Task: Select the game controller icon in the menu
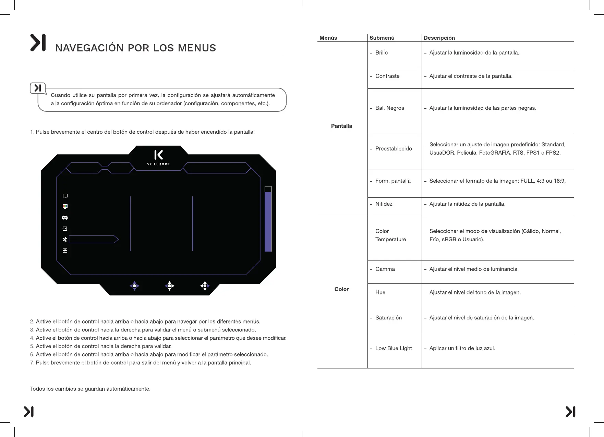click(x=65, y=218)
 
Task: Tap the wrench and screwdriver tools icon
click(x=65, y=240)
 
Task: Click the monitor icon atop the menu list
click(x=65, y=196)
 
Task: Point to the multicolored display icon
click(x=65, y=206)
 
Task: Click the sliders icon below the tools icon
click(x=65, y=251)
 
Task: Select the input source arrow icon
click(x=65, y=229)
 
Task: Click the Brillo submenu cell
click(x=382, y=53)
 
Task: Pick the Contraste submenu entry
click(x=387, y=76)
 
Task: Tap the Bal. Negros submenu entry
click(x=389, y=108)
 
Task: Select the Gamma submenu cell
click(x=385, y=269)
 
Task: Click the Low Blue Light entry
click(x=394, y=348)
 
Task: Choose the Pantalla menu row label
click(x=341, y=126)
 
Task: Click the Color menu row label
click(x=341, y=289)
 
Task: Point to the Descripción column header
click(x=439, y=38)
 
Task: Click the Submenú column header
click(x=382, y=38)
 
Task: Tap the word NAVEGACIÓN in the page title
click(x=89, y=48)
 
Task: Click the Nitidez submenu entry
click(x=384, y=204)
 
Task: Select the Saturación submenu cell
click(x=388, y=318)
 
